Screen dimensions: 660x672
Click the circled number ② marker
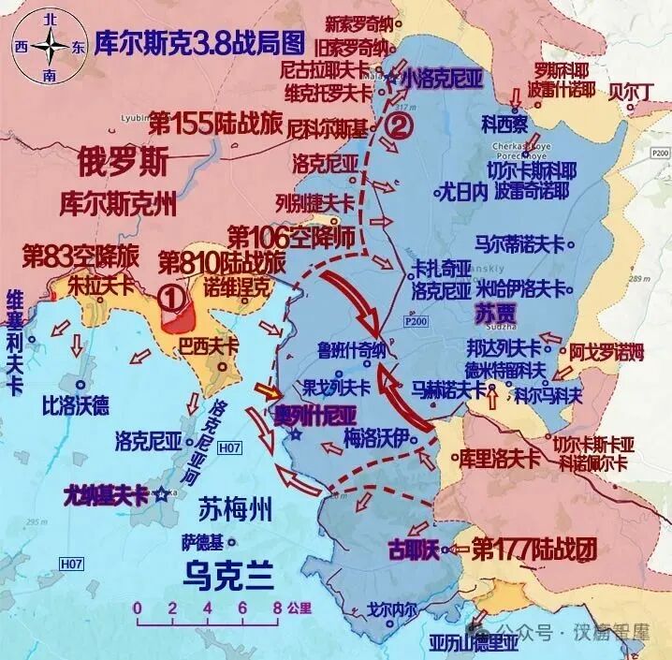coord(399,127)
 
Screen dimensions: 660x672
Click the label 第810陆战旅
coord(222,260)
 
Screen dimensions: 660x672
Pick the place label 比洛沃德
coord(76,405)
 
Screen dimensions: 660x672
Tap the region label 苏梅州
coord(235,510)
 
